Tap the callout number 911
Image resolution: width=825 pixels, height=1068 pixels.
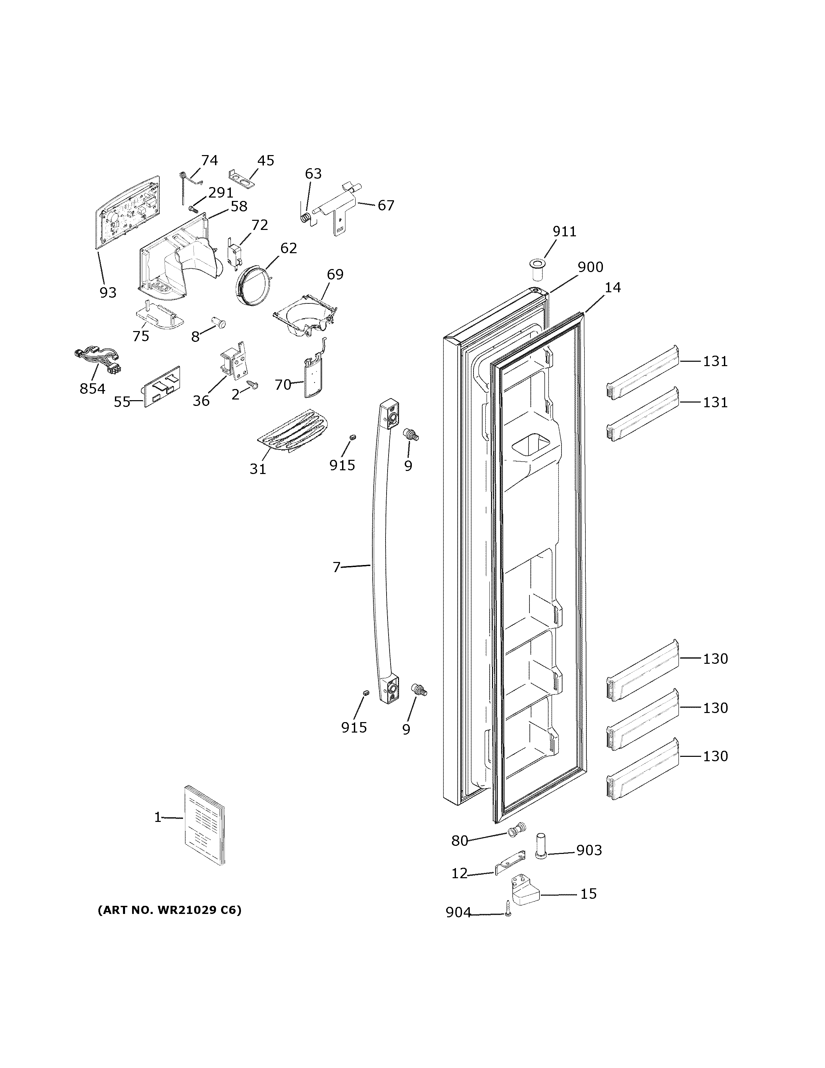pos(564,231)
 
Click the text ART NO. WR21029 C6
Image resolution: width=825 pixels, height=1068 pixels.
pos(170,910)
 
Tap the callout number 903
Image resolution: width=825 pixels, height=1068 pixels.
pos(589,851)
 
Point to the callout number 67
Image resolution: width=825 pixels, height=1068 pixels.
pos(386,205)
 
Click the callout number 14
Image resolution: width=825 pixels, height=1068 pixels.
pos(612,288)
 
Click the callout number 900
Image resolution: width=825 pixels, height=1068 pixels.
pos(590,267)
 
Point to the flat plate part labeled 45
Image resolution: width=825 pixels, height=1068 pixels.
pos(242,178)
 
